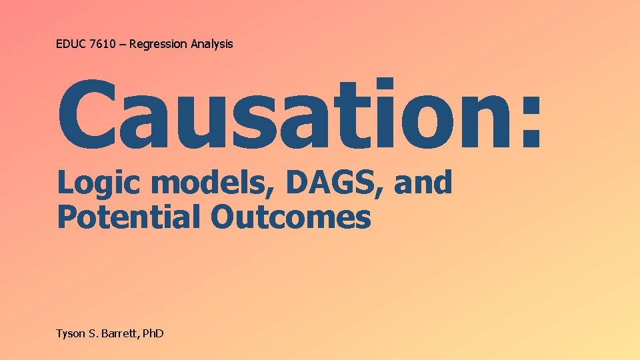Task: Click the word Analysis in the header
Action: pyautogui.click(x=212, y=44)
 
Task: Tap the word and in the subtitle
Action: pyautogui.click(x=423, y=183)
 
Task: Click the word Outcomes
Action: pyautogui.click(x=291, y=217)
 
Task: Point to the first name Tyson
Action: pyautogui.click(x=71, y=333)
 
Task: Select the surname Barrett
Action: pyautogui.click(x=120, y=333)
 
